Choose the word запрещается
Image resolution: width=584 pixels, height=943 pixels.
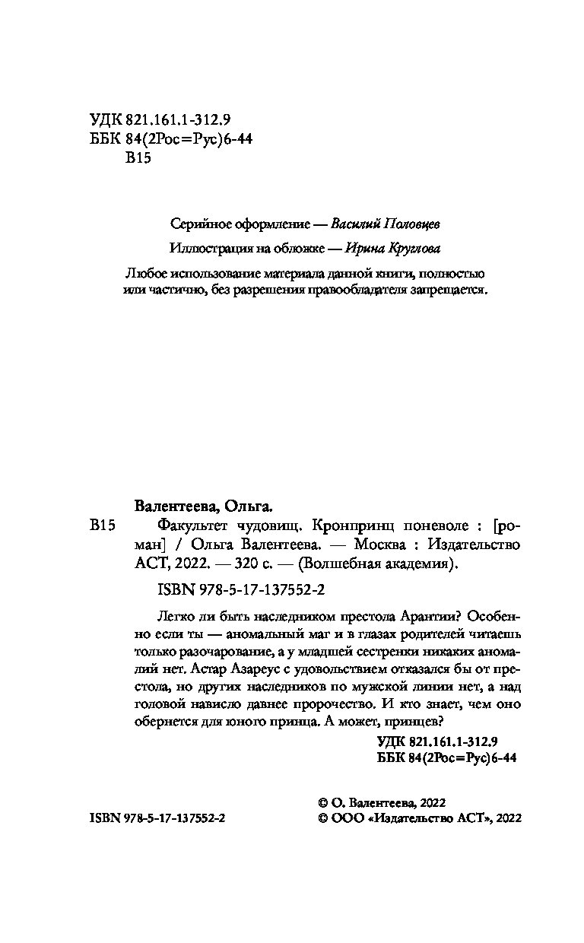[x=446, y=291]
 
